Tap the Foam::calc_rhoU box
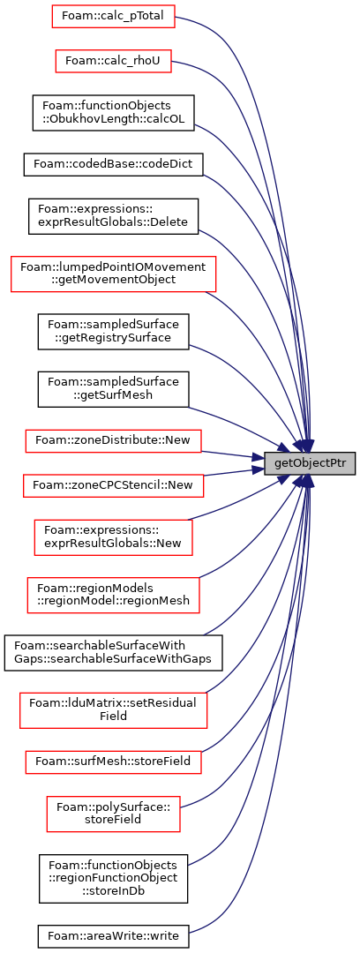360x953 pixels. [x=113, y=62]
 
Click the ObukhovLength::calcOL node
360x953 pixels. [x=113, y=113]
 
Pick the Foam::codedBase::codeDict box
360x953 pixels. [x=113, y=165]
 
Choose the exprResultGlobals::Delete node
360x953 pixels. [x=113, y=216]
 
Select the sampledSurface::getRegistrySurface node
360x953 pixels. [x=113, y=332]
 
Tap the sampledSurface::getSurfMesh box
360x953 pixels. [x=113, y=390]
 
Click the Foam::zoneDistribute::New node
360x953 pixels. [x=113, y=441]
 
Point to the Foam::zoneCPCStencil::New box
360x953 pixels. [x=113, y=487]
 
